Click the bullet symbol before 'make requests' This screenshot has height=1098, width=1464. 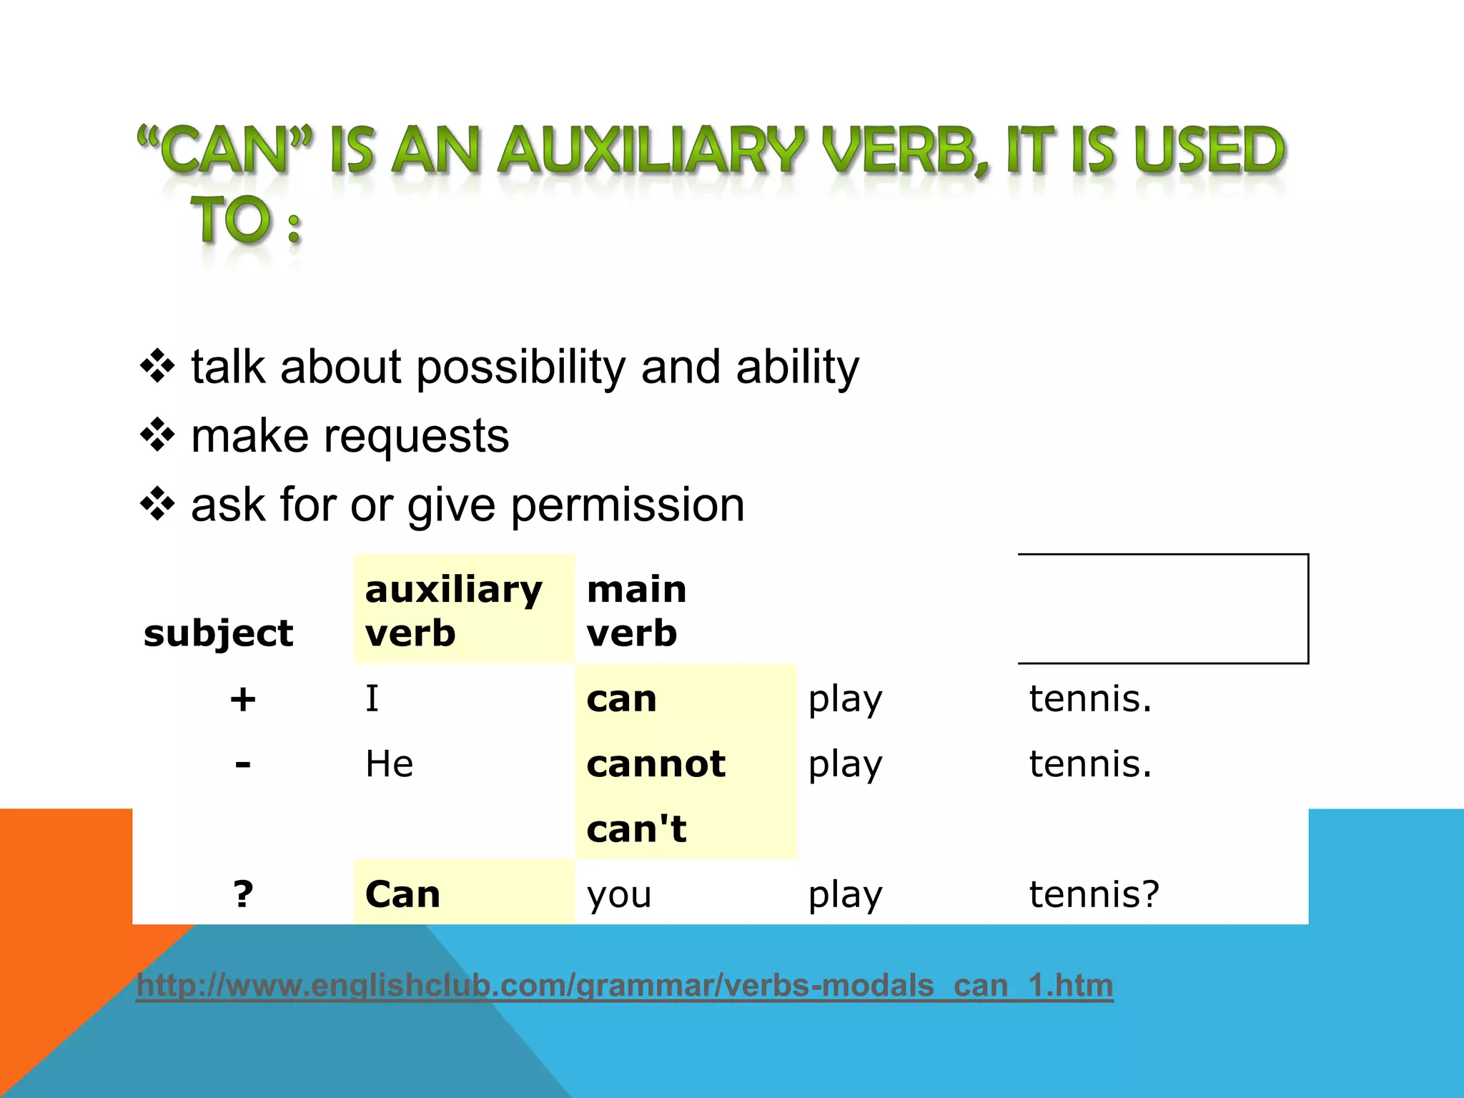click(157, 435)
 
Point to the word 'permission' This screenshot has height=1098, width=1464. click(628, 505)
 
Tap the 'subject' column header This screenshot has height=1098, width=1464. click(218, 633)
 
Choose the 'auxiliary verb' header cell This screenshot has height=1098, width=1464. click(453, 611)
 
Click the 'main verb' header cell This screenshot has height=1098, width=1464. click(636, 611)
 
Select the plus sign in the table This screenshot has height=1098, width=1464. click(243, 699)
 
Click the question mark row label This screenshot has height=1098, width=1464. click(243, 894)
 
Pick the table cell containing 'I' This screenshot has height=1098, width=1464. click(372, 698)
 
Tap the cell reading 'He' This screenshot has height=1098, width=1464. click(389, 764)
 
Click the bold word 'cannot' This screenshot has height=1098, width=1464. click(656, 764)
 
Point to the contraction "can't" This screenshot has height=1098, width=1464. click(636, 829)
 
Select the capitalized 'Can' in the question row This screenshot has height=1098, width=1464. click(402, 894)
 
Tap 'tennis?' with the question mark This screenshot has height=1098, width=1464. click(1094, 894)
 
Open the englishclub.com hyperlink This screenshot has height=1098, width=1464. click(624, 985)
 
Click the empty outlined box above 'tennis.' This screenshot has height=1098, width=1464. click(1163, 609)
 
